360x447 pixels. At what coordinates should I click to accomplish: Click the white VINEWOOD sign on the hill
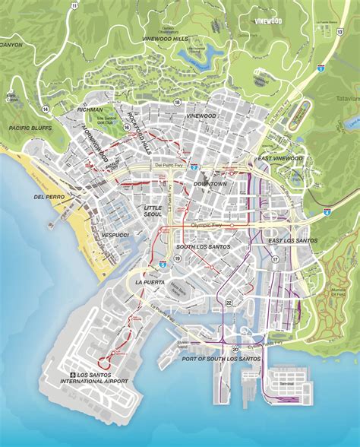coord(268,22)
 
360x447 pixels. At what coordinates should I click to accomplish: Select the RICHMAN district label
coord(90,109)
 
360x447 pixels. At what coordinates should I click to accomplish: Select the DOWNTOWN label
coord(210,184)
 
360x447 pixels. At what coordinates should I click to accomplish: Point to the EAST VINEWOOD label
coord(279,159)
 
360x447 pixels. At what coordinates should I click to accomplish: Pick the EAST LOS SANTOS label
coord(292,240)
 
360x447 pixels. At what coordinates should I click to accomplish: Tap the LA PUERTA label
coord(150,282)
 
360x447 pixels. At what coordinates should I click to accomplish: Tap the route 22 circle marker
coord(229,303)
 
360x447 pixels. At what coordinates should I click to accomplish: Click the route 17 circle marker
coord(274,259)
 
